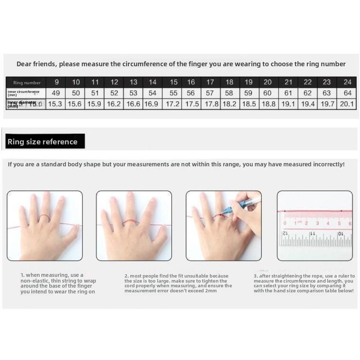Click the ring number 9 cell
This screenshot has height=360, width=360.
coord(57,82)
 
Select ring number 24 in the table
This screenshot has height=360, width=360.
coord(347,82)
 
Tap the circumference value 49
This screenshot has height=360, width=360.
coord(56,93)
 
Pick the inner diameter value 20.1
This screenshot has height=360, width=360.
coord(347,104)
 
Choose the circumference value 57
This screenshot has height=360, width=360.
coord(210,93)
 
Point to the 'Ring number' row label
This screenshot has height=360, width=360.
coord(27,82)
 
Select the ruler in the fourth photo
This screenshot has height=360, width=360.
coord(315,230)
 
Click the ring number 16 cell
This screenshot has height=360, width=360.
coord(191,82)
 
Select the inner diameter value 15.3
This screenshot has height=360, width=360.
coord(55,104)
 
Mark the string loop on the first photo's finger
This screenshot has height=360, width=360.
coord(44,217)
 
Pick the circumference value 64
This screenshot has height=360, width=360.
coord(347,93)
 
